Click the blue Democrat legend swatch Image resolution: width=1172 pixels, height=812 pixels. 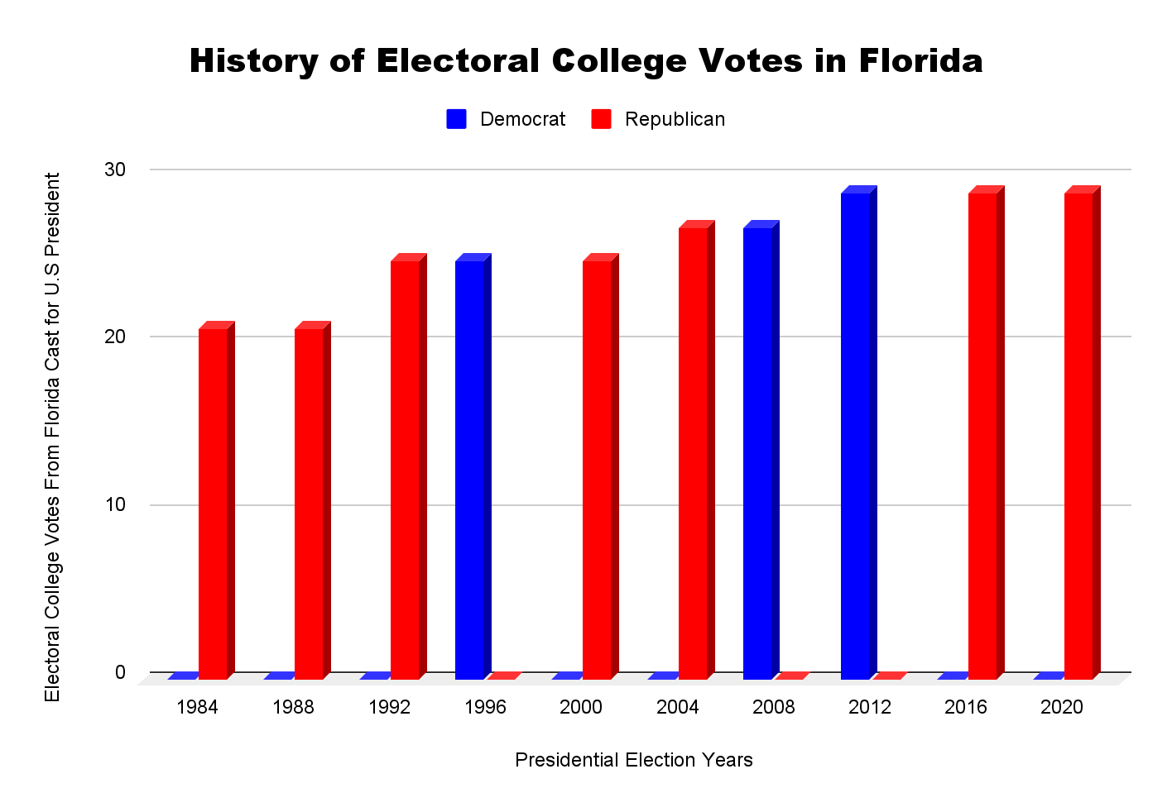point(456,119)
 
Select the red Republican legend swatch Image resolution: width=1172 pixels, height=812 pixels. point(602,119)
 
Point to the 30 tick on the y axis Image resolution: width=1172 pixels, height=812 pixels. point(115,170)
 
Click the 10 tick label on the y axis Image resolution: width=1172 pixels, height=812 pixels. point(115,504)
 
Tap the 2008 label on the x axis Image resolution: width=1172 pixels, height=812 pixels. point(773,707)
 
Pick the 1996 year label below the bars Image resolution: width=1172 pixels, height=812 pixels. point(485,707)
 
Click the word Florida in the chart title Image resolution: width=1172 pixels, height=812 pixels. point(920,61)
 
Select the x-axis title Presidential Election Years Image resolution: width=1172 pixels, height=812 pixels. point(634,760)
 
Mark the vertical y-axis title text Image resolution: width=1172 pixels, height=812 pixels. point(53,437)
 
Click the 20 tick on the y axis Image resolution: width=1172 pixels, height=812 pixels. point(115,337)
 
